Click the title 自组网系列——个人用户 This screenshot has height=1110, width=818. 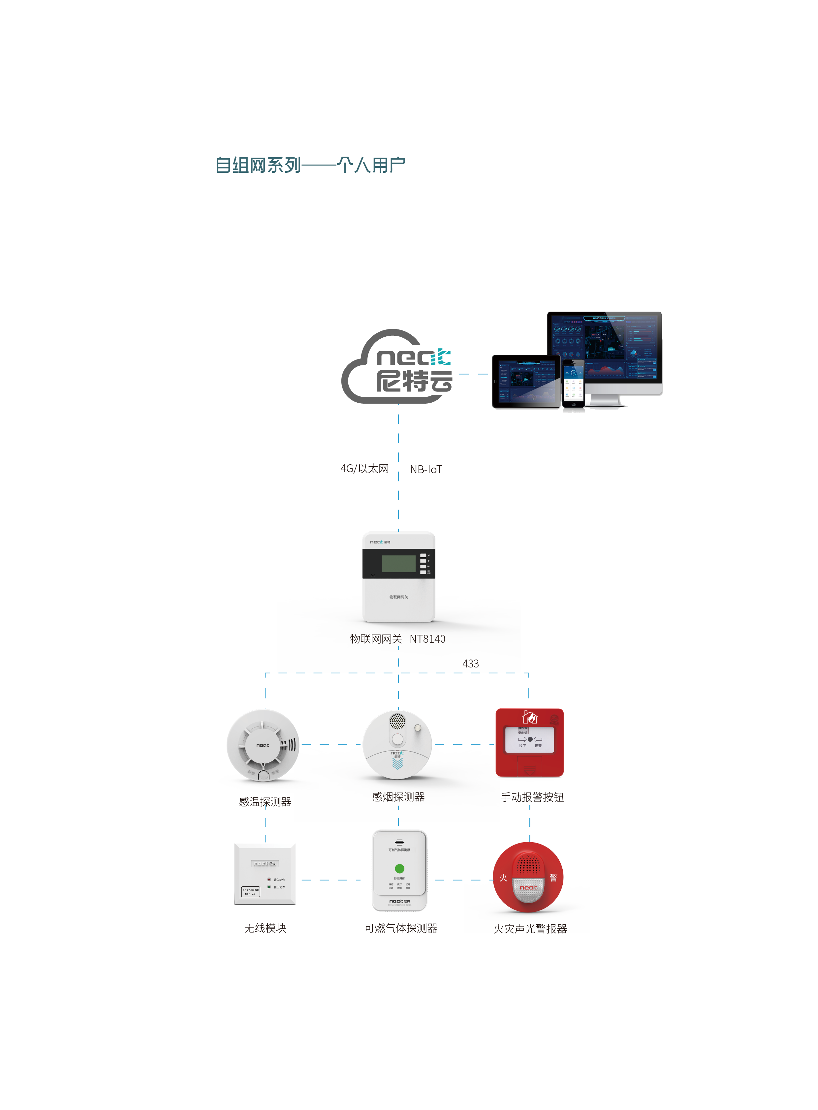[x=310, y=165]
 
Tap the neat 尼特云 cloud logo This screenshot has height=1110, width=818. [x=397, y=367]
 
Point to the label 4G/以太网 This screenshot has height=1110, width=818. [x=364, y=468]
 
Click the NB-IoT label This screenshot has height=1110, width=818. [x=426, y=469]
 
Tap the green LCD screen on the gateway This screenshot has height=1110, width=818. [x=398, y=564]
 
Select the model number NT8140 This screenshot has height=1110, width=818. [x=427, y=639]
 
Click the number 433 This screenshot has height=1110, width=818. [x=470, y=663]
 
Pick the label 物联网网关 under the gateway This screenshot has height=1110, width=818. [x=376, y=639]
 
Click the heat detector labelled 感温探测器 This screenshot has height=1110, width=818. [x=263, y=745]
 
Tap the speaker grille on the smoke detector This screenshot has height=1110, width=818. [x=397, y=721]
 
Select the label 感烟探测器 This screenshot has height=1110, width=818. [x=398, y=797]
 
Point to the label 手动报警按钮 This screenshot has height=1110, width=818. [x=532, y=797]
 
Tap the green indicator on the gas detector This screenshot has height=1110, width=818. [x=399, y=868]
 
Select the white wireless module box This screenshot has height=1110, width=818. [x=265, y=874]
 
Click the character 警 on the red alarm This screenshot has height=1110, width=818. [x=553, y=878]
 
